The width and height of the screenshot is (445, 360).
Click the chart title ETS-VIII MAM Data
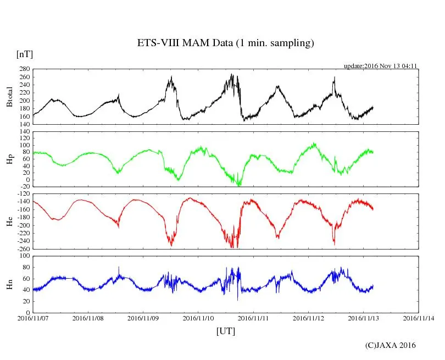click(x=225, y=43)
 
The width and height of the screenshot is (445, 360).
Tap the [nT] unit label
click(x=25, y=54)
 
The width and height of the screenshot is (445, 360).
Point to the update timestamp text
click(x=381, y=66)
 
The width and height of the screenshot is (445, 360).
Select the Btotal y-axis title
click(x=9, y=97)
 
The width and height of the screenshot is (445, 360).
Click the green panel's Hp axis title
click(x=9, y=159)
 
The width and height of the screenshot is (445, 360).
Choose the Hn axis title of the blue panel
click(x=9, y=284)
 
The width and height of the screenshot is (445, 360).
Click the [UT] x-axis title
click(x=226, y=331)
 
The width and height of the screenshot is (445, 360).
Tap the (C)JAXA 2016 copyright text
click(x=391, y=345)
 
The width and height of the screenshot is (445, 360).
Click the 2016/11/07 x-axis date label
click(x=33, y=318)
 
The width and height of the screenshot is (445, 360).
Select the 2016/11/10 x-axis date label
click(x=198, y=318)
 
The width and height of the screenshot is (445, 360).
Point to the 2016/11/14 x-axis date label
click(x=419, y=318)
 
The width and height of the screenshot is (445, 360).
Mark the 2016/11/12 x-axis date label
click(x=309, y=318)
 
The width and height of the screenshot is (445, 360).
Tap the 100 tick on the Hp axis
click(x=24, y=145)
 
